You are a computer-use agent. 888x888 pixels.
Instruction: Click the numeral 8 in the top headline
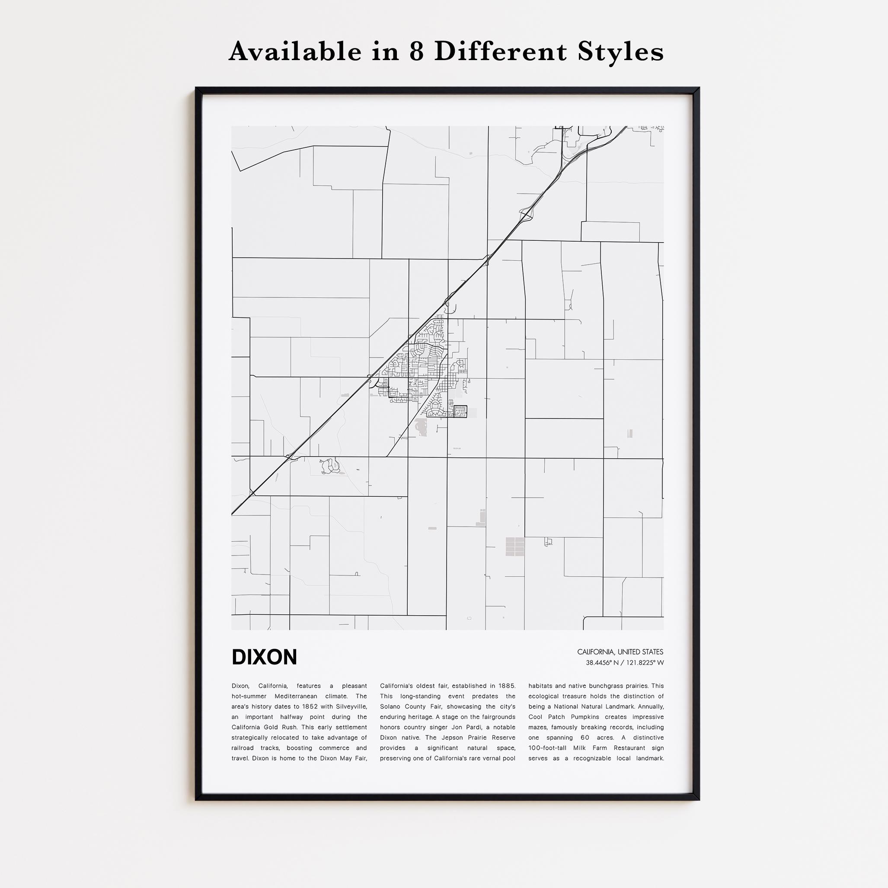point(416,51)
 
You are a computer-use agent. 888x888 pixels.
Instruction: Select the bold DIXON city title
point(264,657)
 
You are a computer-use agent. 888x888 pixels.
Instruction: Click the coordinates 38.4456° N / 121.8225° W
point(624,663)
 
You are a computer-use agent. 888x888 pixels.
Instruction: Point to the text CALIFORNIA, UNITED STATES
point(620,652)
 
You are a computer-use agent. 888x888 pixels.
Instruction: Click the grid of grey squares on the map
point(515,546)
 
